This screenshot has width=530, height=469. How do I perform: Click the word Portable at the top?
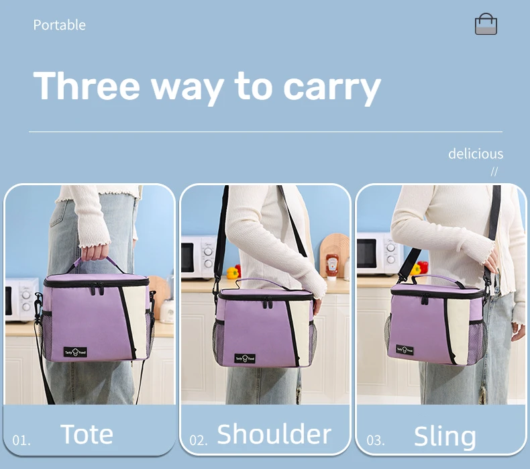pos(59,25)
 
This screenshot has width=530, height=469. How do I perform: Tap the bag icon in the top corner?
pos(486,24)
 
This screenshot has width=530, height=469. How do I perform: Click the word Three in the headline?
pos(87,87)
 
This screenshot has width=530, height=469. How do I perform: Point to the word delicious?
pos(475,154)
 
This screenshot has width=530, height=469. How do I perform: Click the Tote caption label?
pos(87,434)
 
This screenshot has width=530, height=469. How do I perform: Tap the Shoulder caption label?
pos(274,434)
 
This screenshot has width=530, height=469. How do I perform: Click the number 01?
pos(21,441)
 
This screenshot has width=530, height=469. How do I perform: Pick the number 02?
pos(199,441)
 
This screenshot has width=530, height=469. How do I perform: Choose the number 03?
pos(376,441)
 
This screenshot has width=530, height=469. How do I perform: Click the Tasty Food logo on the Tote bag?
pos(75,352)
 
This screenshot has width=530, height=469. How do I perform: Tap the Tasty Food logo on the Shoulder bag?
pos(246,359)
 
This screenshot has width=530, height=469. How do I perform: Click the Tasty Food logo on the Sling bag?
pos(405,350)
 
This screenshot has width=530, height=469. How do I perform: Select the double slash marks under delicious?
pos(494,171)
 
